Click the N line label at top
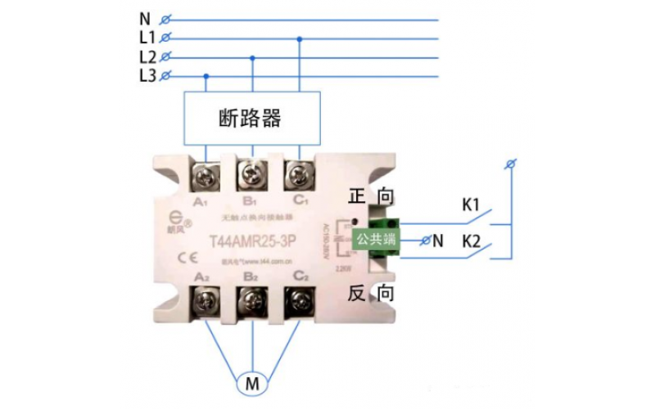[x=146, y=17]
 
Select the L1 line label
[x=147, y=38]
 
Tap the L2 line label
[x=147, y=57]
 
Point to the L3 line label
[x=147, y=77]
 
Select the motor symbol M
[x=253, y=382]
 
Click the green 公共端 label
[x=374, y=239]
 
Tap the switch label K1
[x=471, y=205]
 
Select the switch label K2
[x=471, y=241]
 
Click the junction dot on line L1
[x=300, y=38]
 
